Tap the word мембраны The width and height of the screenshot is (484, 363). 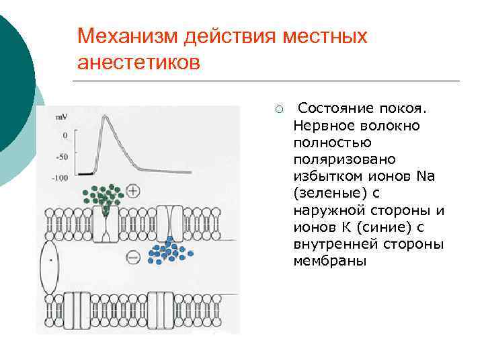[x=329, y=261]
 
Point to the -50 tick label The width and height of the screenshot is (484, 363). [x=63, y=157]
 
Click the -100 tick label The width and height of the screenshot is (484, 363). [x=61, y=177]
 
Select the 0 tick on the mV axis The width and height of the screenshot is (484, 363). [x=65, y=135]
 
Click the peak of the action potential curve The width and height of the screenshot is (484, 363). [x=105, y=117]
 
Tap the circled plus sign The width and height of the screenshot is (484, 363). [x=133, y=192]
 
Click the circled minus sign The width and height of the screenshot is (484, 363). [x=133, y=257]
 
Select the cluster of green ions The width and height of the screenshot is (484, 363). [x=102, y=195]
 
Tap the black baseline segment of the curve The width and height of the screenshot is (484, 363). [x=84, y=173]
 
